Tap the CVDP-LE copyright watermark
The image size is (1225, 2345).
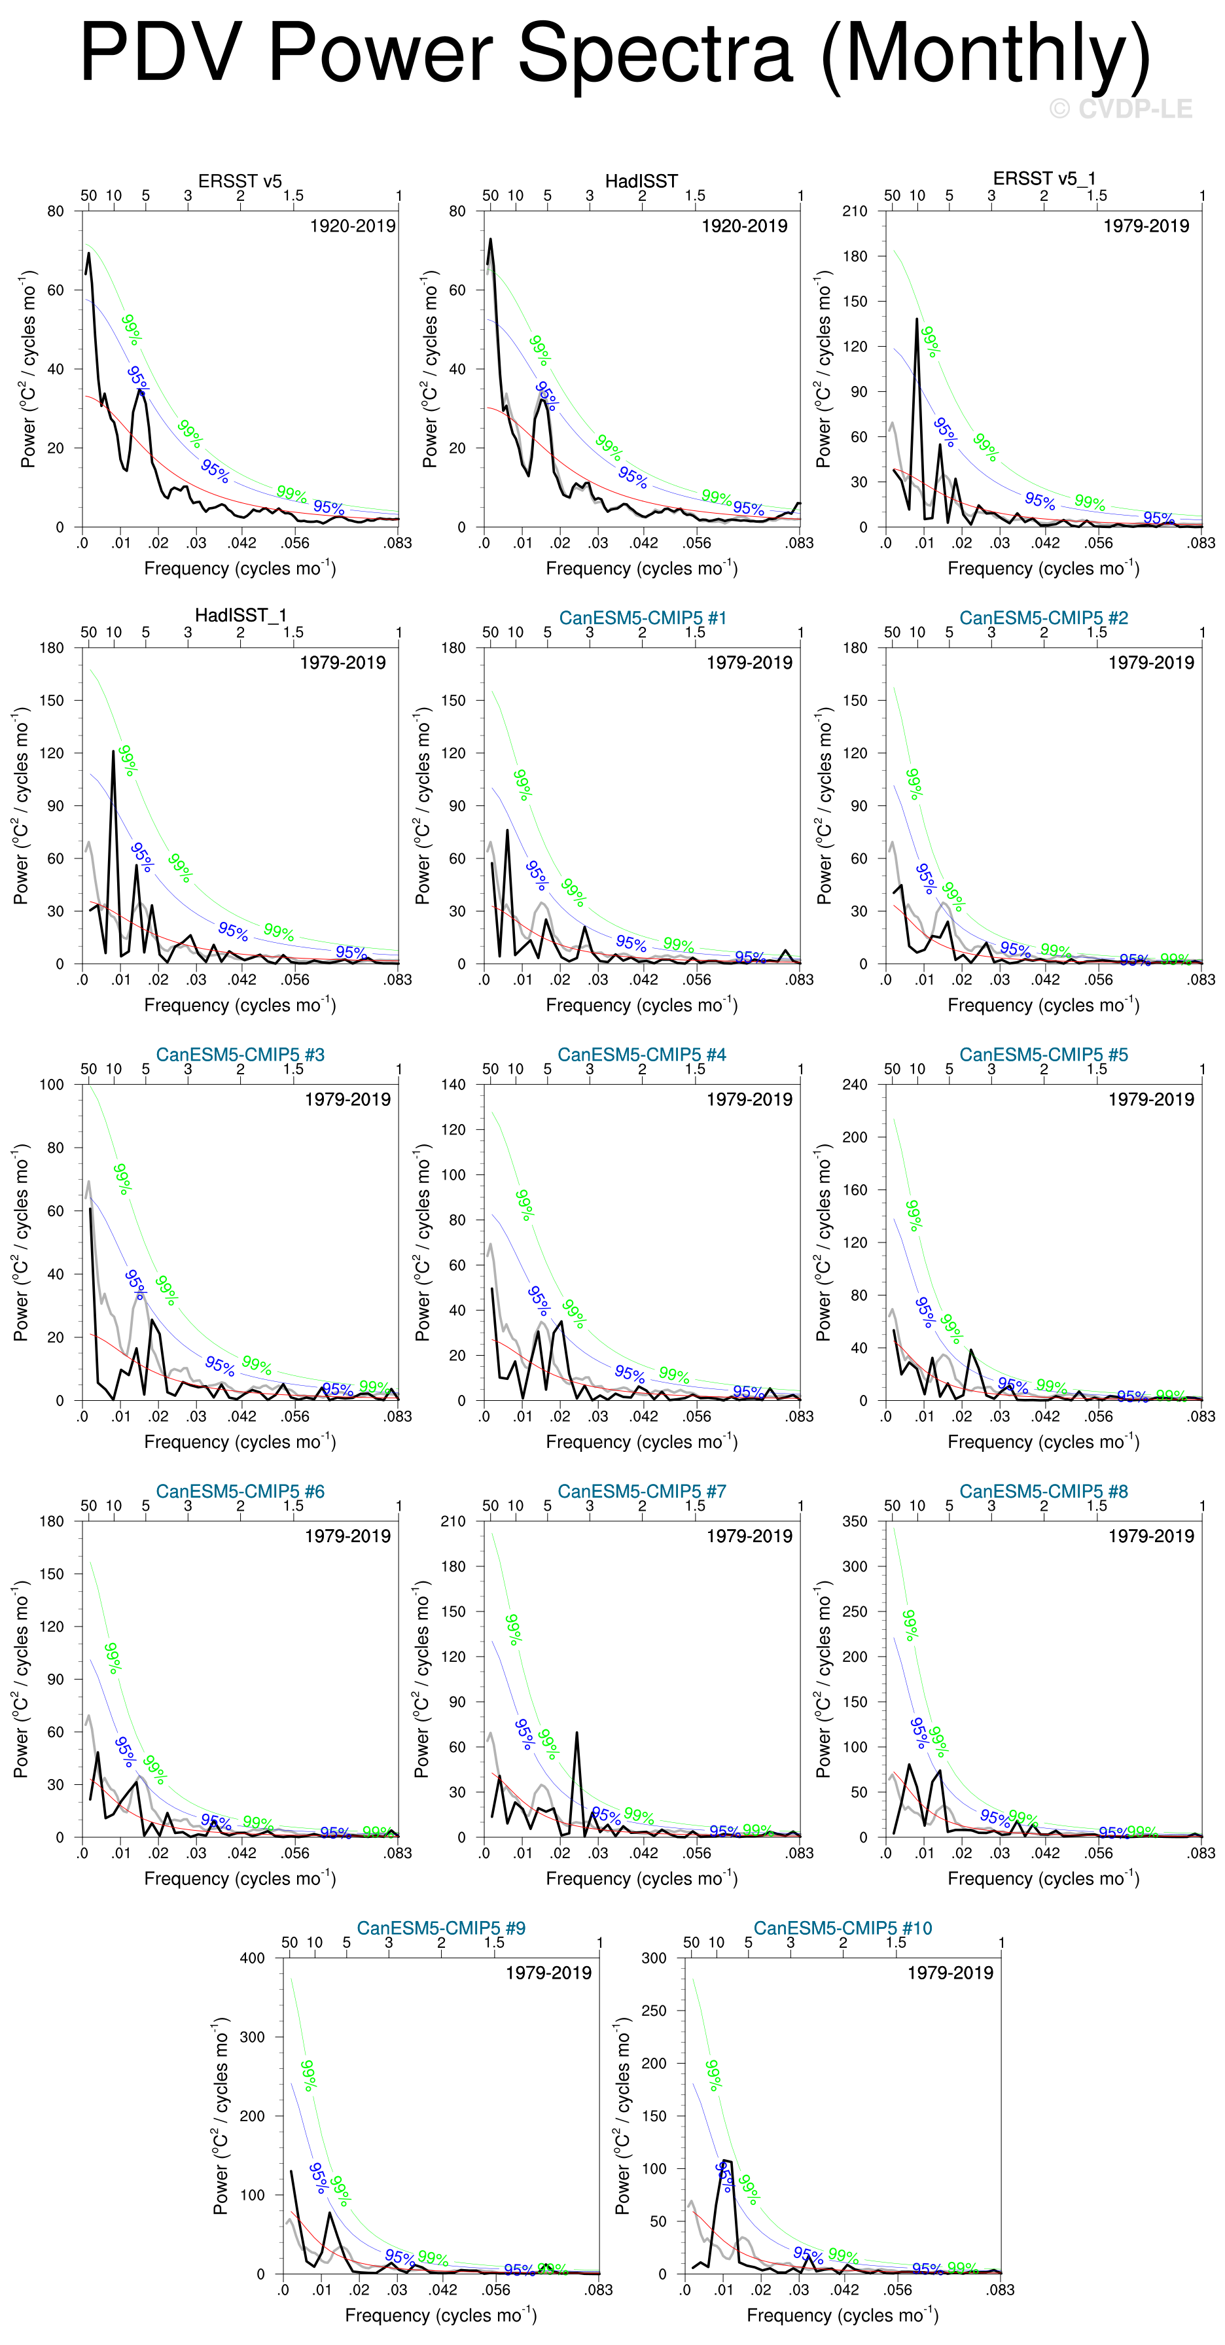1120,109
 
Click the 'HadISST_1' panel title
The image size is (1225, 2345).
240,616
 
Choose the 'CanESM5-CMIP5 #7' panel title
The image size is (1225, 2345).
642,1491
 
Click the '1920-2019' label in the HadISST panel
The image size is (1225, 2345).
743,226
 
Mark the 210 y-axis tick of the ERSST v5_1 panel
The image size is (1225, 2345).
855,211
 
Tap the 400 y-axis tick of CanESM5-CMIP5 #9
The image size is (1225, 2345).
252,1958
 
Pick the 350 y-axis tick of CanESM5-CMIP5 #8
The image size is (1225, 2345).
855,1521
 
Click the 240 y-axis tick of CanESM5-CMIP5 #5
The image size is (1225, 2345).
855,1084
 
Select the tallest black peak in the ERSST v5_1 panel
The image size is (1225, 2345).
917,319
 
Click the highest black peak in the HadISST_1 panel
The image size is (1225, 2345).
114,752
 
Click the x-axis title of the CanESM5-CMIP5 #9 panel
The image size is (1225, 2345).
440,2315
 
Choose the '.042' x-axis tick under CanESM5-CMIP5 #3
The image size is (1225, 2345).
242,1417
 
